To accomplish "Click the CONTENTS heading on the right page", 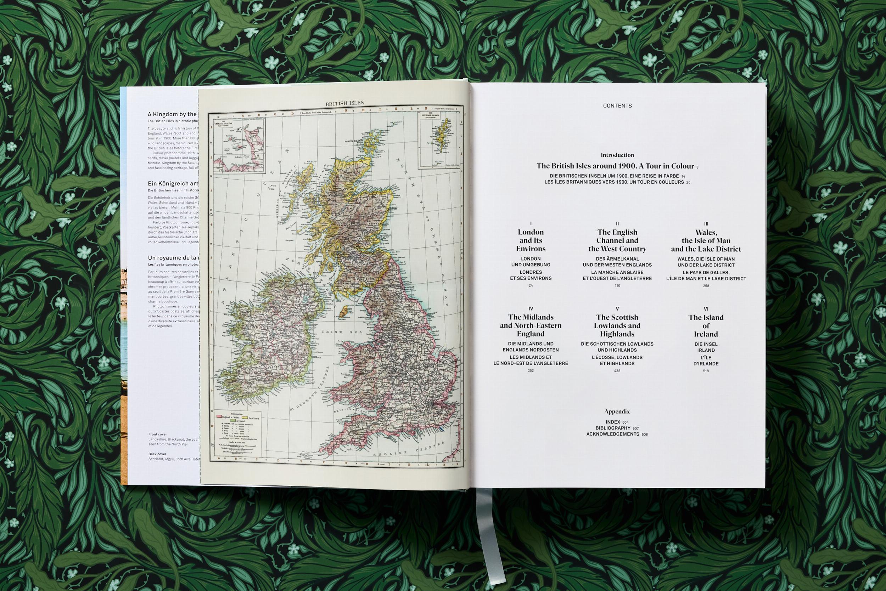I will (x=617, y=106).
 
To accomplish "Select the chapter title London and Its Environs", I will (x=531, y=240).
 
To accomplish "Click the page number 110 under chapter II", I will (x=617, y=286).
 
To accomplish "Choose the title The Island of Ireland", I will (x=706, y=326).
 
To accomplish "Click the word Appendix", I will (x=617, y=412).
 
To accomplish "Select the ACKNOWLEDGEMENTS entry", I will (x=612, y=434).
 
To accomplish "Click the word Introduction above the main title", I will (x=617, y=155).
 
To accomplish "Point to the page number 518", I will (x=706, y=371).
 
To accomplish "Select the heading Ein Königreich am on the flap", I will (x=173, y=184).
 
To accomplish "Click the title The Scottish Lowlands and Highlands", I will (x=617, y=326).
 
